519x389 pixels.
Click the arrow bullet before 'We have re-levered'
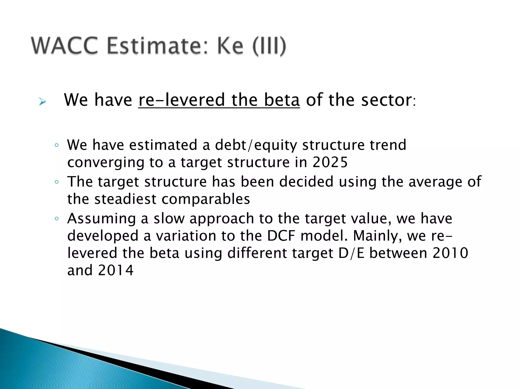(x=43, y=102)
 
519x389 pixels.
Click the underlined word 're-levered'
(x=181, y=100)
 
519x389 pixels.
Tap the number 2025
(x=330, y=162)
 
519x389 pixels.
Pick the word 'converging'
(x=106, y=163)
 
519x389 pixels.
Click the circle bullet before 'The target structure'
(x=57, y=182)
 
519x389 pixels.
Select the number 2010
(x=450, y=253)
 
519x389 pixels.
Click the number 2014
(x=116, y=270)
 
